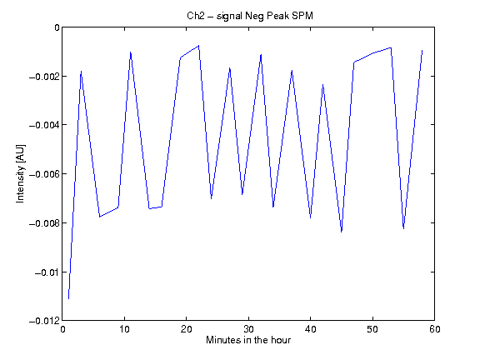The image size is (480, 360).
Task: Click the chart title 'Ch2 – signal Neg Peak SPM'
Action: [250, 16]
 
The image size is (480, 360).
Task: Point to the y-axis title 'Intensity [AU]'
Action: [21, 173]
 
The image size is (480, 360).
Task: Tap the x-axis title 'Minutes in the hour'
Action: [248, 340]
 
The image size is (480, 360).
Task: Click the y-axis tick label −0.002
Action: [44, 76]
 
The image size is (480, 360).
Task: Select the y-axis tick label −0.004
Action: [44, 125]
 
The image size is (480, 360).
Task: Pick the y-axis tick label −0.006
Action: [44, 174]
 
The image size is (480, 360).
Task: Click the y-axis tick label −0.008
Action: [44, 223]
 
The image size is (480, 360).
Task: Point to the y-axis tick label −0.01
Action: [47, 272]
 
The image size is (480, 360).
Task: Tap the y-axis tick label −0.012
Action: [44, 321]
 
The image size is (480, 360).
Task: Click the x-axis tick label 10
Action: [125, 329]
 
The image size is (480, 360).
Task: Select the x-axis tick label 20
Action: [187, 329]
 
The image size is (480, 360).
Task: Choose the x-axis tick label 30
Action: [248, 329]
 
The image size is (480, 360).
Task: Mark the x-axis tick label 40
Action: [310, 329]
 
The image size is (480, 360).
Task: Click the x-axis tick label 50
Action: [372, 329]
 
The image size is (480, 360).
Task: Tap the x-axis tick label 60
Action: [435, 329]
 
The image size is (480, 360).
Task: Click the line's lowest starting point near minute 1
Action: [68, 299]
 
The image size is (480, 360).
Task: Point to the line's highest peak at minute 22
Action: [198, 46]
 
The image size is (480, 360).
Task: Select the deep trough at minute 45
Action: [342, 232]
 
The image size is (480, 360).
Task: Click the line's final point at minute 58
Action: [422, 50]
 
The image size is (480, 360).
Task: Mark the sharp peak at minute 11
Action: [130, 52]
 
